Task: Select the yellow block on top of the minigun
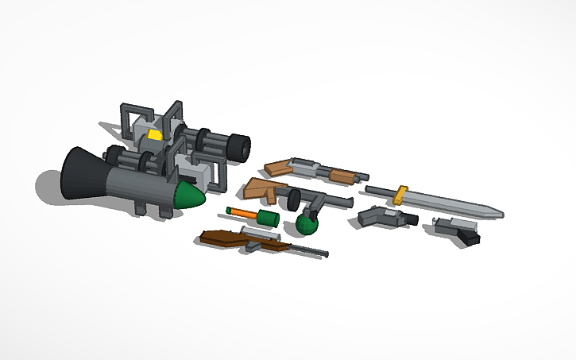(x=154, y=136)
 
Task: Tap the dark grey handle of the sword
(x=380, y=191)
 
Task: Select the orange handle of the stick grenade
(x=244, y=212)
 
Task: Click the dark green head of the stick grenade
(x=268, y=216)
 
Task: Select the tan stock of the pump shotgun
(x=279, y=167)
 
